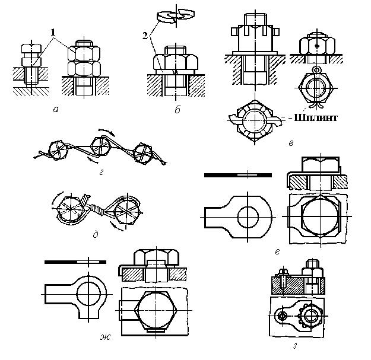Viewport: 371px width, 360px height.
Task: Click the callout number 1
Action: (x=53, y=33)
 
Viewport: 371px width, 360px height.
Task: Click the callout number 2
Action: (x=145, y=36)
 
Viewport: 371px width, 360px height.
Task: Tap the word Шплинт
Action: (x=316, y=117)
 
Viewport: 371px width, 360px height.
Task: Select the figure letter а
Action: (x=56, y=110)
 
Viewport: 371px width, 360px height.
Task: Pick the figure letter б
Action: (x=177, y=110)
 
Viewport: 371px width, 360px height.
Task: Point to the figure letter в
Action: (x=291, y=143)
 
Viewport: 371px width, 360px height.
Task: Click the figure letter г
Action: (x=102, y=173)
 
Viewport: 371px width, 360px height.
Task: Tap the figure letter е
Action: (x=278, y=251)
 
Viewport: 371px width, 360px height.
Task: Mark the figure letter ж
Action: (x=105, y=337)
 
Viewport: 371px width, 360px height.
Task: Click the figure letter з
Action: (x=295, y=347)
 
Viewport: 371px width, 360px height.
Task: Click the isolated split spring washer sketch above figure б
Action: (x=175, y=16)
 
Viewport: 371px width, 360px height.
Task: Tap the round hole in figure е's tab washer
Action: (x=248, y=216)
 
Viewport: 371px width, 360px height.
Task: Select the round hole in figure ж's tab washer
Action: (x=88, y=294)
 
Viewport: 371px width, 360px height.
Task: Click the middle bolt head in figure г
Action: (x=101, y=146)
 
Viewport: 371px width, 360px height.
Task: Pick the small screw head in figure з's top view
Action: (x=282, y=316)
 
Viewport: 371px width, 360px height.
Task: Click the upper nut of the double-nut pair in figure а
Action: (x=84, y=53)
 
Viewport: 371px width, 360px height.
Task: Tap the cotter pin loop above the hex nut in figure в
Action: (x=316, y=69)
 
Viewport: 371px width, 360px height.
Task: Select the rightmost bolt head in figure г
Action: (x=143, y=154)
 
